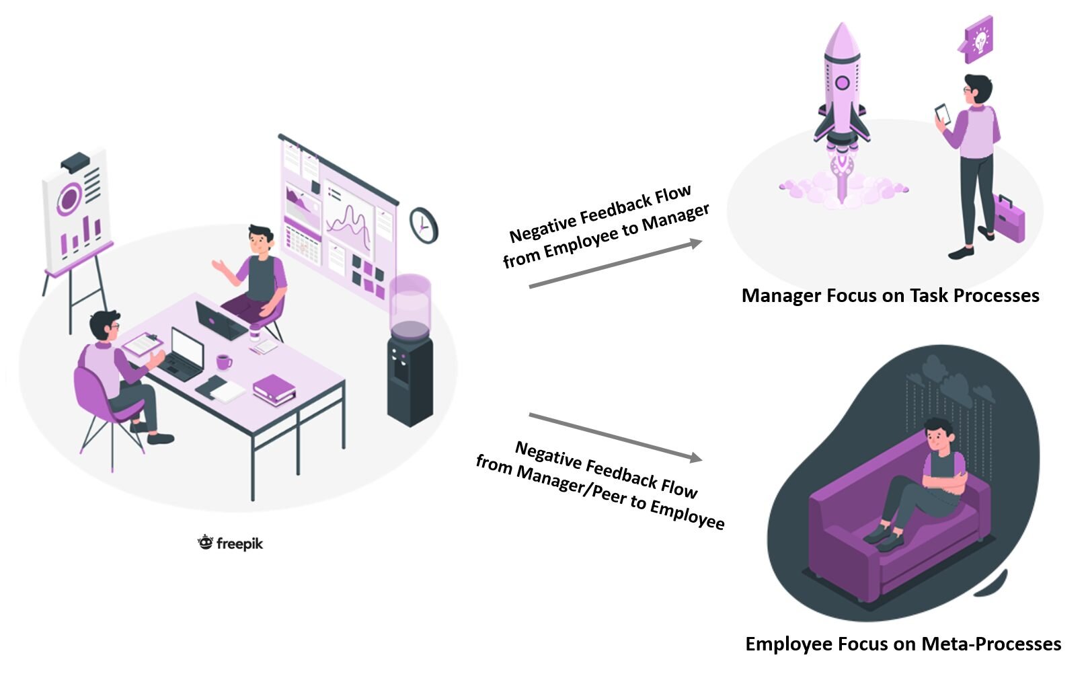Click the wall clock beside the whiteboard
click(424, 225)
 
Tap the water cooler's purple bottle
click(410, 303)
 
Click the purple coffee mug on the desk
click(223, 362)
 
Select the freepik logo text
click(239, 543)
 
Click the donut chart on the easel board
click(69, 198)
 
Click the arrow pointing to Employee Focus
click(615, 437)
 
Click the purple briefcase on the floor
click(1009, 219)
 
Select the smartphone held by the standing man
click(942, 113)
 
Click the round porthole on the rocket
click(842, 83)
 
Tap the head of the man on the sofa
click(937, 435)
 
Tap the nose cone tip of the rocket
click(841, 27)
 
